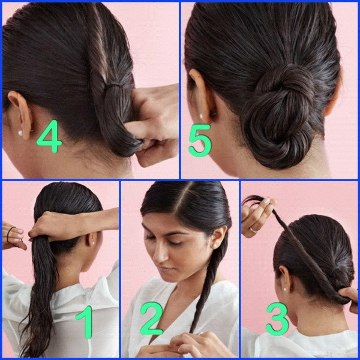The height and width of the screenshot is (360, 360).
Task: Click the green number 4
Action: click(50, 136)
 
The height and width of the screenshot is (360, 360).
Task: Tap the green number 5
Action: click(200, 140)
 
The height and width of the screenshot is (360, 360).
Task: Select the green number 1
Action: click(85, 322)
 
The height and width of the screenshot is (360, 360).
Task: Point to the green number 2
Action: click(151, 318)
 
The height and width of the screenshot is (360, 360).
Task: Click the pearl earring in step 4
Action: click(20, 133)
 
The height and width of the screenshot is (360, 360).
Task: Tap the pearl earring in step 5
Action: click(202, 116)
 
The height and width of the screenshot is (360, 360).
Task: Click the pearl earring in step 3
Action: click(285, 290)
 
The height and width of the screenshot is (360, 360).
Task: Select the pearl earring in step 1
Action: click(94, 242)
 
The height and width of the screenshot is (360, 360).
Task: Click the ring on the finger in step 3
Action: click(253, 230)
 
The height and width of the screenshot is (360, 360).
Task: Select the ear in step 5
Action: click(200, 97)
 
